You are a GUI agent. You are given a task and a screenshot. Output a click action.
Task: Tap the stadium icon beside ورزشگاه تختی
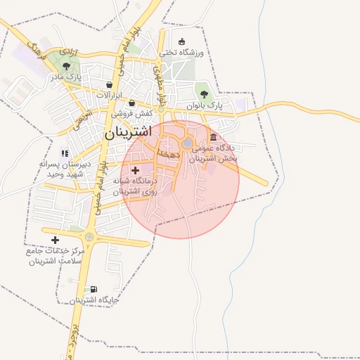coord(183,41)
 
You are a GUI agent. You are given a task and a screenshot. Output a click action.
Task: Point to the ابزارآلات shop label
coord(109,95)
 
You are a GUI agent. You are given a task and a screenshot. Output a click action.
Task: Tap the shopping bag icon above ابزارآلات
coord(110,84)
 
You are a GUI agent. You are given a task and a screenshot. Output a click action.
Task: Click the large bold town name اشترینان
coord(128,131)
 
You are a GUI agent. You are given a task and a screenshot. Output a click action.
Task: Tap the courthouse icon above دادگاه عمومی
coord(213,136)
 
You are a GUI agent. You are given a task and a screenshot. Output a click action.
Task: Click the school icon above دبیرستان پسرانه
coord(65,153)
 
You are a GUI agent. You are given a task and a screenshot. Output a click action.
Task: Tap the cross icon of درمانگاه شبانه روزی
coord(135,170)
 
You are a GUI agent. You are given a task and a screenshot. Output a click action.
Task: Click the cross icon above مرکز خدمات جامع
coord(56,240)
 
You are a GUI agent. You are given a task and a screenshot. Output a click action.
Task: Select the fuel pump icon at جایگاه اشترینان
coord(94,289)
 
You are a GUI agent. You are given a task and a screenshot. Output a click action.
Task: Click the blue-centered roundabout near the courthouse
coord(188,144)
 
